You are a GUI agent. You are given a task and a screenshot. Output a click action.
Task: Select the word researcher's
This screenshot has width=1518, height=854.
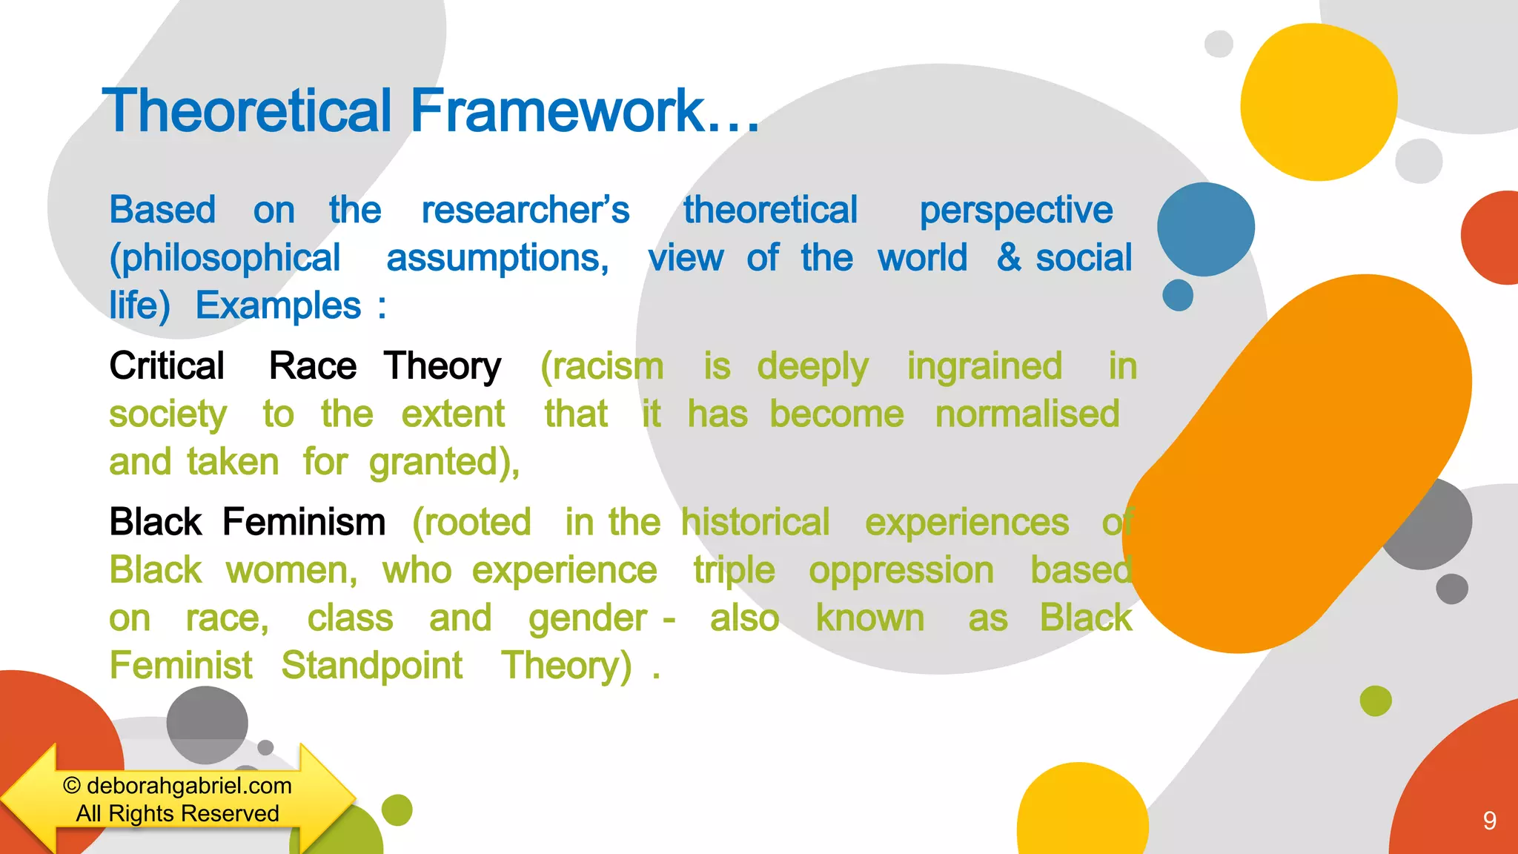pos(525,210)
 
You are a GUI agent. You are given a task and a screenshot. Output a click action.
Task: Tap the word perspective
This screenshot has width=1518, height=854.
pos(1015,211)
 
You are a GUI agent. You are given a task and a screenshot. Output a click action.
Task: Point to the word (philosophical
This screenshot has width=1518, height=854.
pos(225,259)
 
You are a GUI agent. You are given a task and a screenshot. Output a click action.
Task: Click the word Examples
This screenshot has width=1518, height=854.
pos(278,306)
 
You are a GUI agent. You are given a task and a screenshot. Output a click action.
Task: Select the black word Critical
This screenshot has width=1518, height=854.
pos(167,366)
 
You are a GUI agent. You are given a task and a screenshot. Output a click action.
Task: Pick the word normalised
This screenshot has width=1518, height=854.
pos(1027,414)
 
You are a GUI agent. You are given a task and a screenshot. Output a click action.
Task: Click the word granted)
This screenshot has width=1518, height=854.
pos(444,463)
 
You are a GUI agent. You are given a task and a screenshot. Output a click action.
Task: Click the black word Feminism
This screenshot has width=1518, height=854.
pos(304,522)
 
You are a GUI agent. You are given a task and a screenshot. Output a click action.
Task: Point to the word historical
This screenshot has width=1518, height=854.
pos(755,523)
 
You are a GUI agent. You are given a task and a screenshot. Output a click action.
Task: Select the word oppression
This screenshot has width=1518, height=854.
pos(901,571)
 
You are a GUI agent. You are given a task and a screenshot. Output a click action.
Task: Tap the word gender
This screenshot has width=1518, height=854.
pos(587,619)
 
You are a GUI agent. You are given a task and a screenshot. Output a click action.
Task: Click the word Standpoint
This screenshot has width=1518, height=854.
pos(371,666)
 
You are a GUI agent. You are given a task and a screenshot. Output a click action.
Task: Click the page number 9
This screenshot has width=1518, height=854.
pos(1489,821)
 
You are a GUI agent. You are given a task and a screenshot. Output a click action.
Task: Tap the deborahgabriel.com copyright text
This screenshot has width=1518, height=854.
pos(178,786)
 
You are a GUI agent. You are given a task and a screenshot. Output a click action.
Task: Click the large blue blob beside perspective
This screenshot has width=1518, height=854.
pos(1205,229)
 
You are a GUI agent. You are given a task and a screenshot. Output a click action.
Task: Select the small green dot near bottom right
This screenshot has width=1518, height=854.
pos(1376,701)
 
